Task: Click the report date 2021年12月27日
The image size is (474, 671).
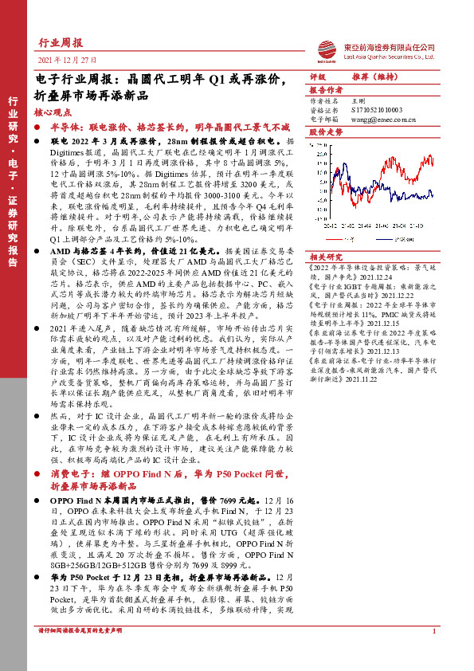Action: point(67,60)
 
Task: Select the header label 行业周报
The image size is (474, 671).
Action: point(61,44)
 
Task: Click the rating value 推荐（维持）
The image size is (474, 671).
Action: point(378,77)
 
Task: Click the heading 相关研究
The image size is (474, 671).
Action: point(325,257)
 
